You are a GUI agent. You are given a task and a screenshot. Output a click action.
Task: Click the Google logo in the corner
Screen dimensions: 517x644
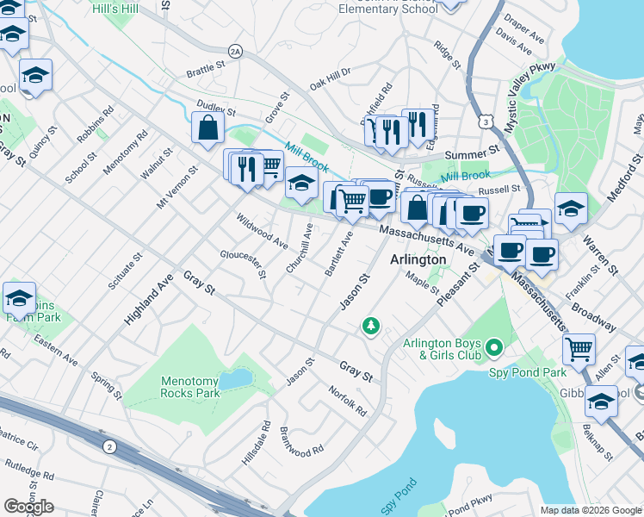pyautogui.click(x=28, y=507)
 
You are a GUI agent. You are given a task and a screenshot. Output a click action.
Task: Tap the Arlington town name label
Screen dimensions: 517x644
pyautogui.click(x=418, y=259)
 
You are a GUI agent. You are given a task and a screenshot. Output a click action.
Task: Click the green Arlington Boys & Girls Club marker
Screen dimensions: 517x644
pyautogui.click(x=493, y=348)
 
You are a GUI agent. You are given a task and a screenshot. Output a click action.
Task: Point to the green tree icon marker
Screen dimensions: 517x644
pyautogui.click(x=371, y=326)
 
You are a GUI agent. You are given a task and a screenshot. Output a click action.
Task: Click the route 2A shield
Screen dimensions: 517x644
pyautogui.click(x=235, y=52)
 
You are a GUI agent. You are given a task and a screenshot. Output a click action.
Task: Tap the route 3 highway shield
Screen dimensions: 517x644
pyautogui.click(x=488, y=123)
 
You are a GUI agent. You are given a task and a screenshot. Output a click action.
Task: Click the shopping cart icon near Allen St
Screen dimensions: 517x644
pyautogui.click(x=579, y=349)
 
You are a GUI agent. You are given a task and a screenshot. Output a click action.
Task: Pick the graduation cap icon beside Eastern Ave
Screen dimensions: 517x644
pyautogui.click(x=19, y=298)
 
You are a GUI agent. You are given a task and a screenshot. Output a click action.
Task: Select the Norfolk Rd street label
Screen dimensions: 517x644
pyautogui.click(x=348, y=401)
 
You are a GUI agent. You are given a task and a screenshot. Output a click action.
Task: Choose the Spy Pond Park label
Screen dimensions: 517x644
pyautogui.click(x=528, y=372)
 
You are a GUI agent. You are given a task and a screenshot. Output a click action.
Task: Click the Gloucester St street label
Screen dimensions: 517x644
pyautogui.click(x=244, y=265)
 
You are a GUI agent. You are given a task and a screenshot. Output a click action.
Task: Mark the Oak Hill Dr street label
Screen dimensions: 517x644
pyautogui.click(x=331, y=78)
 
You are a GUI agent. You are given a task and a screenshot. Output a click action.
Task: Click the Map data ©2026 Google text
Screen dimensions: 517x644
pyautogui.click(x=590, y=510)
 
